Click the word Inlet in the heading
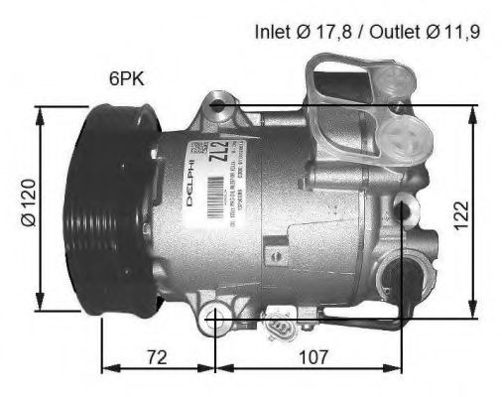tap(274, 32)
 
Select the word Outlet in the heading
tap(388, 32)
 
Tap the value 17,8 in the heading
tap(333, 32)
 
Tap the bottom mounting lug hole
tap(216, 320)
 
